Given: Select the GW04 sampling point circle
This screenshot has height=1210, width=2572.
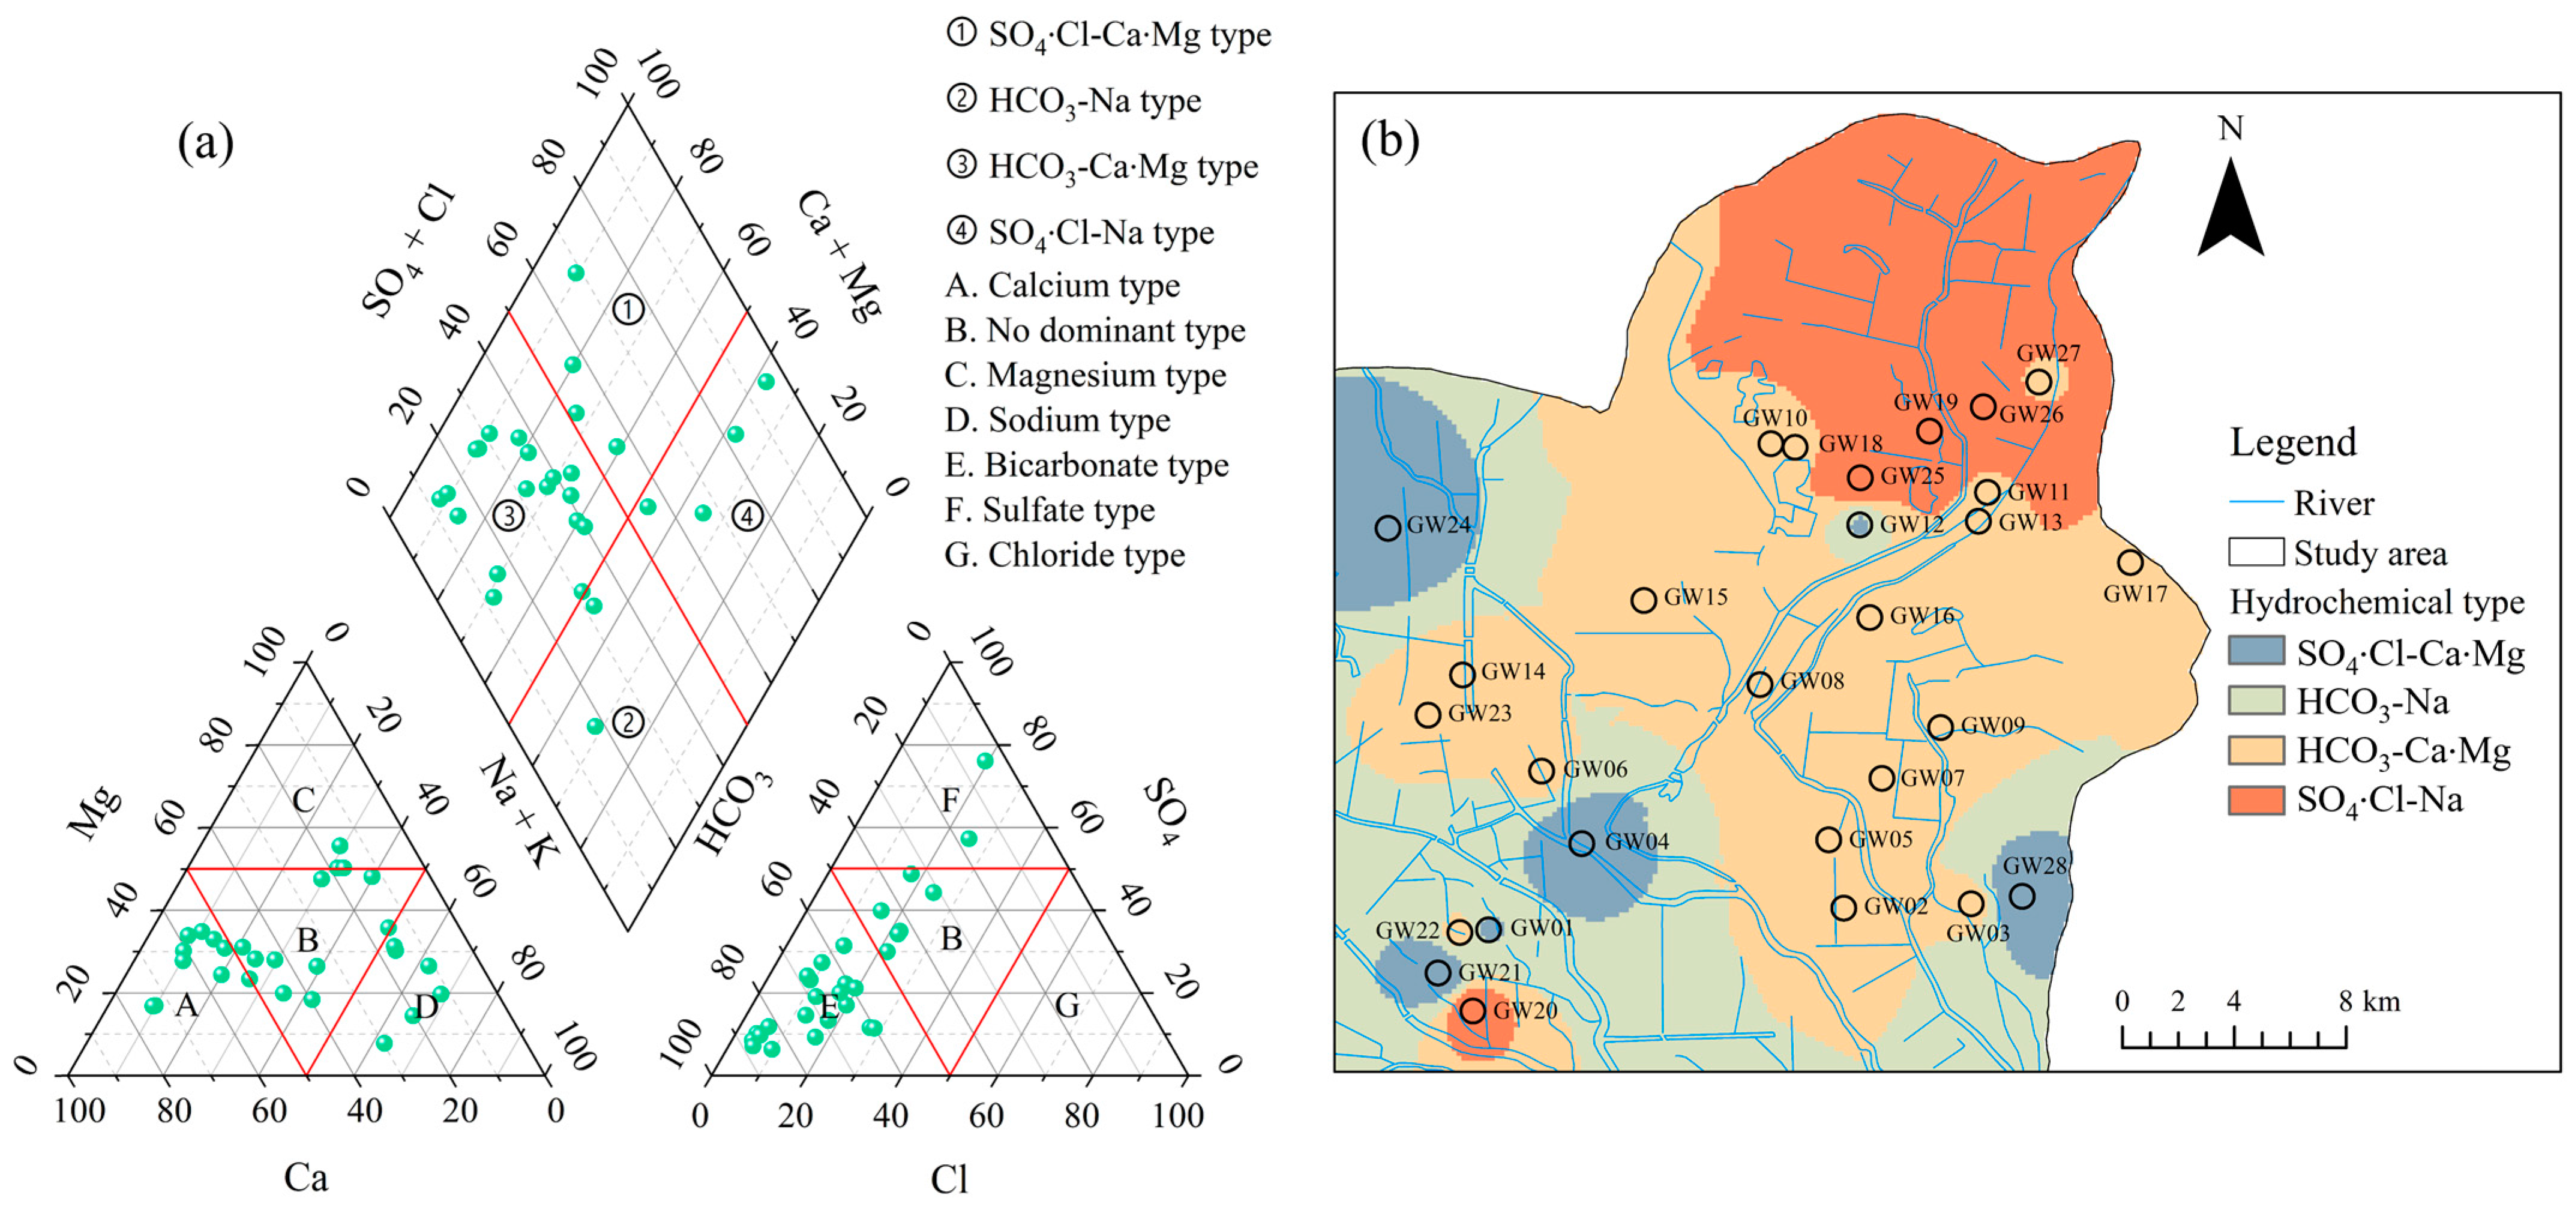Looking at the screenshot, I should (x=1581, y=844).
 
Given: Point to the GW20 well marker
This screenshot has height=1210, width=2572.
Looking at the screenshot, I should (x=1473, y=1010).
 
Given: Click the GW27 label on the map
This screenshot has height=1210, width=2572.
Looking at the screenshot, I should (x=2048, y=352).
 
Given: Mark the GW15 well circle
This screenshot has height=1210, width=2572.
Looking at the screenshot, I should (x=1644, y=600).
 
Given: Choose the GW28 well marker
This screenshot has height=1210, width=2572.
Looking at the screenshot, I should (x=2022, y=895).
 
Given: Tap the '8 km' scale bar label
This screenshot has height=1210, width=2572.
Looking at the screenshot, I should (x=2369, y=1001).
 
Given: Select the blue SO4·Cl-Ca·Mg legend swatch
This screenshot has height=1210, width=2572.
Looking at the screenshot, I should (x=2256, y=651).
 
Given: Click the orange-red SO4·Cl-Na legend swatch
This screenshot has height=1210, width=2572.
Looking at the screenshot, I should (x=2256, y=799).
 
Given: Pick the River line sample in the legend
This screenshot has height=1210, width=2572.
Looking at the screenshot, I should (x=2256, y=502).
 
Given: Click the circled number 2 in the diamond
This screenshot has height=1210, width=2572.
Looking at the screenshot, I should (x=627, y=722).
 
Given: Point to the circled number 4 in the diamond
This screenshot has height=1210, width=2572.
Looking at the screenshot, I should (x=747, y=516).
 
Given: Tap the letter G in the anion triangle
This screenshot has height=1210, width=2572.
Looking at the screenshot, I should (x=1068, y=1005).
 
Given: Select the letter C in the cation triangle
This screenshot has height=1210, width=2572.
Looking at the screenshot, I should (x=304, y=799).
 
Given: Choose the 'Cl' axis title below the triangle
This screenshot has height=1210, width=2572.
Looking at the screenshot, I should (x=949, y=1179).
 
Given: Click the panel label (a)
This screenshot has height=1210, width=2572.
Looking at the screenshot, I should (x=206, y=143).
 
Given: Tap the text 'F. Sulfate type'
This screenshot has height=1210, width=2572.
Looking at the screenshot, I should (x=1050, y=510).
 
